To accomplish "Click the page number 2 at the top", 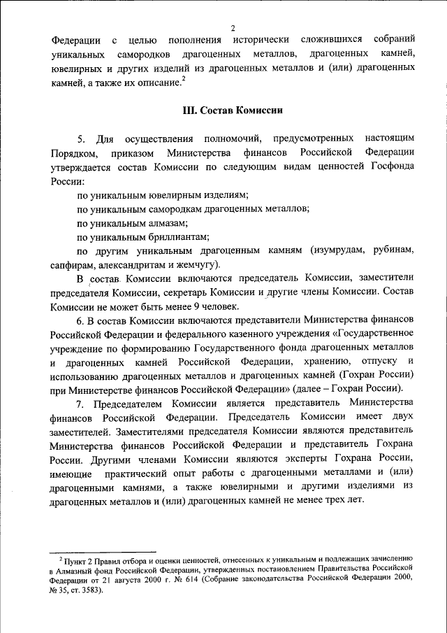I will tap(230, 28).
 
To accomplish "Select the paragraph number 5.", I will tap(80, 139).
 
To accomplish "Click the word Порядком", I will tap(72, 153).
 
